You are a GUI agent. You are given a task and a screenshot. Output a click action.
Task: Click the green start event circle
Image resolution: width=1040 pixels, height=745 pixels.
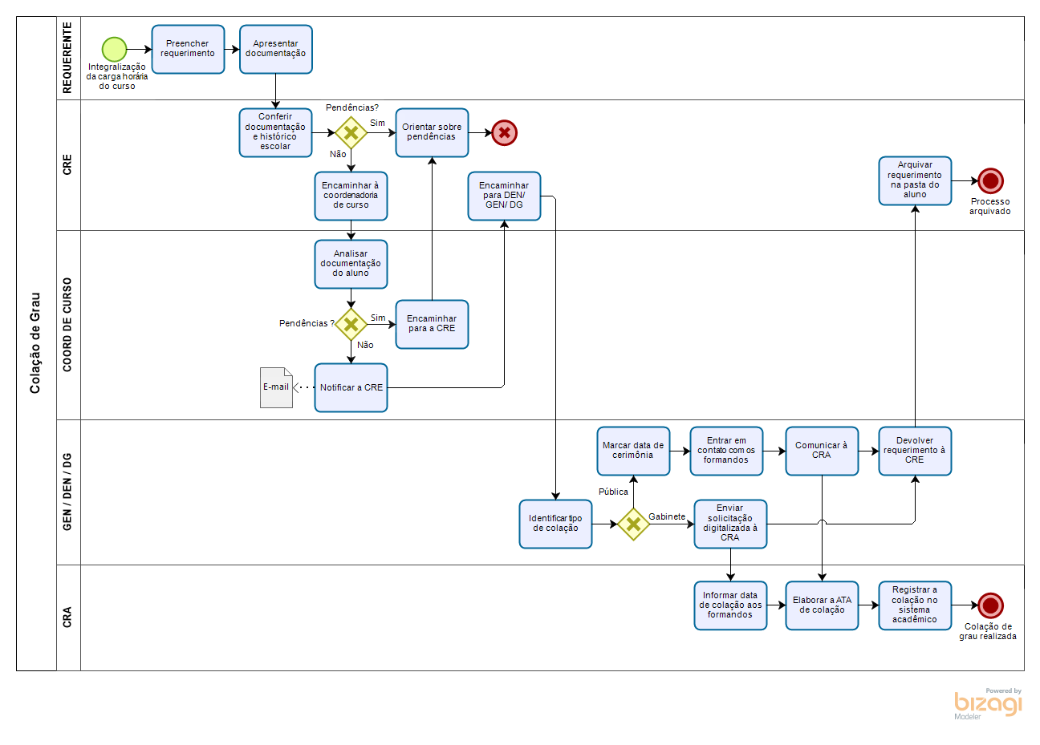tap(115, 49)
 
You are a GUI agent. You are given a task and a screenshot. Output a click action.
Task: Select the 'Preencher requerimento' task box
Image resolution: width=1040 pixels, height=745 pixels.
tap(188, 50)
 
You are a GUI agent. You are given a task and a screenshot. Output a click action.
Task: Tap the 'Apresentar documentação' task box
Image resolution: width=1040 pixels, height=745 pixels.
tap(275, 50)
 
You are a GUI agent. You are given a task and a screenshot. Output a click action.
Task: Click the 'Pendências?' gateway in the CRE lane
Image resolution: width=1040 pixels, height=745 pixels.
tap(351, 133)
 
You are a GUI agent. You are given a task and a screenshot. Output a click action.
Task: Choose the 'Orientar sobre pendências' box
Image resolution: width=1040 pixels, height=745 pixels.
tap(432, 132)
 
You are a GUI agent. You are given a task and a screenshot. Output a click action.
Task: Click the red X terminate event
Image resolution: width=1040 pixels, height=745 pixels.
tap(504, 133)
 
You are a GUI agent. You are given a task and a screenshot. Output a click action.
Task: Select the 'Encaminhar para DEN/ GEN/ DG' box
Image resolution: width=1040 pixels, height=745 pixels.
tap(504, 196)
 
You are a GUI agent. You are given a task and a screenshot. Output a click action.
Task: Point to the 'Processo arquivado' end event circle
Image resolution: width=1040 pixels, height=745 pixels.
tap(990, 181)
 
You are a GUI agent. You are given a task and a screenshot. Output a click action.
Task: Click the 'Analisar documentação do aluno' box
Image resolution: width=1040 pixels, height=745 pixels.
tap(351, 264)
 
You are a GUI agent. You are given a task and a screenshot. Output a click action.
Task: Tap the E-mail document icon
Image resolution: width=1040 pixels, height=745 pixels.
tap(276, 387)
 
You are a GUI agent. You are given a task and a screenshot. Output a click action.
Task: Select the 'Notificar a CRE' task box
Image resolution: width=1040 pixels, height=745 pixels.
tap(351, 388)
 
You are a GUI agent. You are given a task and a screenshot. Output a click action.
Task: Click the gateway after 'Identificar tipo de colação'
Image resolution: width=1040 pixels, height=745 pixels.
tap(633, 524)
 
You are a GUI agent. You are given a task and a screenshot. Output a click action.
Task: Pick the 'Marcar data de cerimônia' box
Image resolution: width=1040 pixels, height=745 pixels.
tap(633, 451)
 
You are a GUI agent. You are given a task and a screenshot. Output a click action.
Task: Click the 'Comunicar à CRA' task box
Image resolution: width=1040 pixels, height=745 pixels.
tap(822, 451)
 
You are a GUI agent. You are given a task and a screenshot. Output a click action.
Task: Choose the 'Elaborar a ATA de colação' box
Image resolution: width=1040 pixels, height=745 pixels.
tap(822, 605)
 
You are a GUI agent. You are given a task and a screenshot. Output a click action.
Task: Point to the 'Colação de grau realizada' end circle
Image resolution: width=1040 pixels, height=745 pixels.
tap(990, 605)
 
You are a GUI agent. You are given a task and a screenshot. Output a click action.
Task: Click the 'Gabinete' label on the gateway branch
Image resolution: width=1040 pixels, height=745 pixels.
tap(667, 517)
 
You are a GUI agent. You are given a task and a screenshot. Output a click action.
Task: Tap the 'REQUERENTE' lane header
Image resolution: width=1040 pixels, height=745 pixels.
tap(67, 58)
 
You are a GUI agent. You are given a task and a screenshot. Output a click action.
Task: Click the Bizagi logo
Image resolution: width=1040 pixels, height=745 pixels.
tap(988, 703)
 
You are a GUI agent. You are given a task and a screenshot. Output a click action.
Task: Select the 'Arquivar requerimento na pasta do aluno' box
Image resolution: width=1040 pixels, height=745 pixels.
tap(915, 180)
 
